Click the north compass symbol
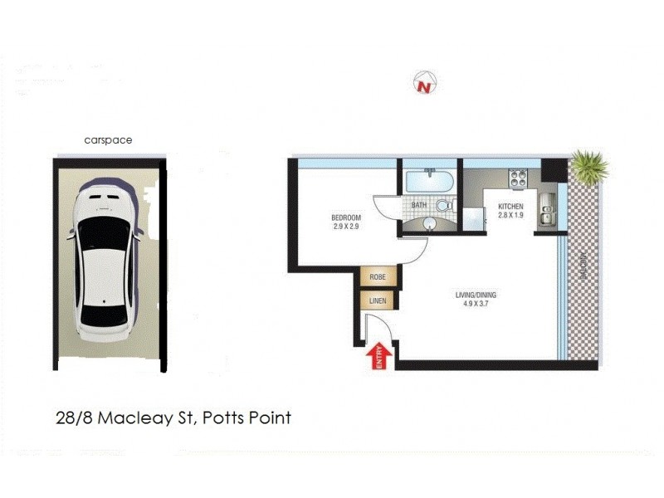[426, 83]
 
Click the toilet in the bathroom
[444, 204]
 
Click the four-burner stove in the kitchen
[520, 177]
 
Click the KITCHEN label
[510, 206]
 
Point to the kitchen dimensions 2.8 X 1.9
[510, 215]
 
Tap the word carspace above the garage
[108, 140]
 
